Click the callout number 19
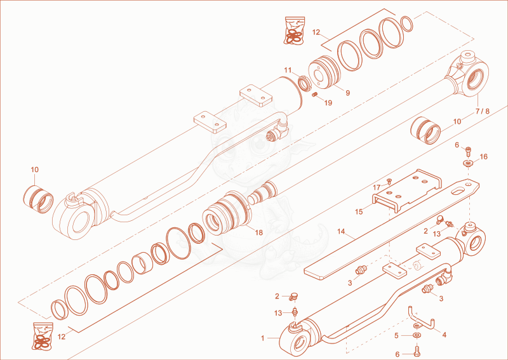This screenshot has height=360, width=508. click(x=328, y=103)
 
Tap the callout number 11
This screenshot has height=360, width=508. click(x=288, y=70)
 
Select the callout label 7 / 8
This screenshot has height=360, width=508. click(x=483, y=111)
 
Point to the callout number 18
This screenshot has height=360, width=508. click(x=258, y=232)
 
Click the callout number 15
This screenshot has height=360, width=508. click(x=359, y=212)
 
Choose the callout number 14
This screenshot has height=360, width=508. click(x=341, y=232)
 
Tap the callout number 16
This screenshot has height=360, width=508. click(x=483, y=157)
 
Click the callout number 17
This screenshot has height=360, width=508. click(x=377, y=187)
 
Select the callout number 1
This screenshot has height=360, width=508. click(x=263, y=338)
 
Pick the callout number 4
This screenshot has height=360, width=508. click(x=444, y=335)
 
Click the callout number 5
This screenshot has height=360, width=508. click(x=396, y=336)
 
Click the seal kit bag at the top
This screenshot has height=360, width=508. click(x=294, y=30)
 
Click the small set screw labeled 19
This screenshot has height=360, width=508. click(x=314, y=95)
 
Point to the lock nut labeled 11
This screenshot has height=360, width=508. click(x=305, y=83)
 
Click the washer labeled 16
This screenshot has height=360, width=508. click(x=468, y=163)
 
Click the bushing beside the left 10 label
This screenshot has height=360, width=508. click(x=38, y=199)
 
